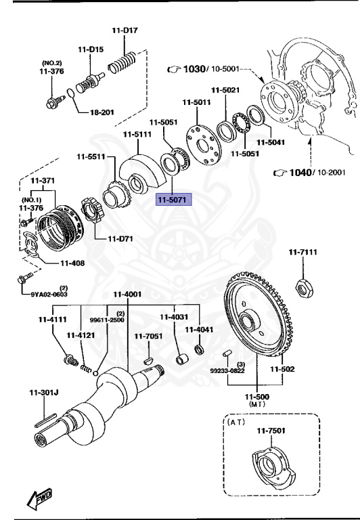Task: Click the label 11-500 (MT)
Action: (x=258, y=399)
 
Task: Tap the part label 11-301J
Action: (x=43, y=391)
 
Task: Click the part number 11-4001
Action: (x=127, y=294)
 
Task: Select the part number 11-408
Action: (x=72, y=263)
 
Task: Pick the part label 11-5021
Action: (x=225, y=90)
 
